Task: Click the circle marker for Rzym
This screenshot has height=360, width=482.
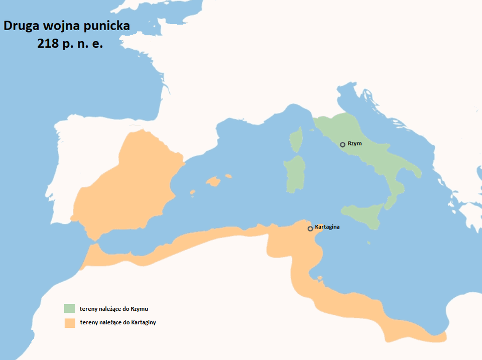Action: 342,145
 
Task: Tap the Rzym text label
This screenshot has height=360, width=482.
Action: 354,144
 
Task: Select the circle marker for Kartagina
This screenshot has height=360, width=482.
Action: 310,229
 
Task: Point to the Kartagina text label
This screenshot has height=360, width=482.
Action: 327,227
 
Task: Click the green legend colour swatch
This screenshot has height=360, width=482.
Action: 69,308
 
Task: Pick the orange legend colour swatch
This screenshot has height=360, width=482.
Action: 69,323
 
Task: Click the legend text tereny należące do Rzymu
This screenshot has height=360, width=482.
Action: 113,308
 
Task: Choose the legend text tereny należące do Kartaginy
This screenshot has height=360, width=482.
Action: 117,322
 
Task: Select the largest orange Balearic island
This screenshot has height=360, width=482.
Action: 213,181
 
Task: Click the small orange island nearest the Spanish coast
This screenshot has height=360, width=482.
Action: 192,192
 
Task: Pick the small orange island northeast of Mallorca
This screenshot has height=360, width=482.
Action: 228,176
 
